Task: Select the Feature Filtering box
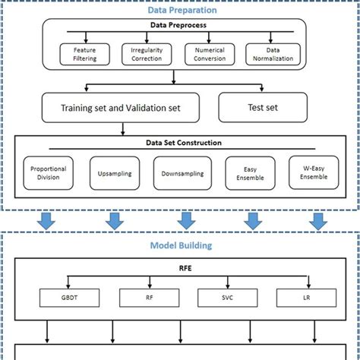coord(81,54)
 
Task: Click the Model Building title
coord(180,245)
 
